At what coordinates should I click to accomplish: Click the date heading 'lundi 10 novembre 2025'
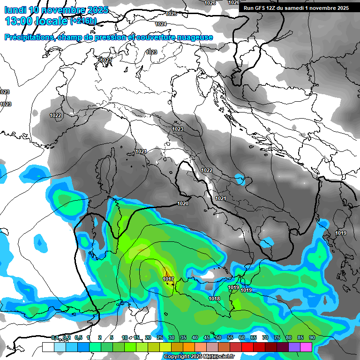pyautogui.click(x=56, y=10)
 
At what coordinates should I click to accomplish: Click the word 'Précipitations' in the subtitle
pyautogui.click(x=29, y=37)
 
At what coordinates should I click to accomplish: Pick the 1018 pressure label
pyautogui.click(x=214, y=299)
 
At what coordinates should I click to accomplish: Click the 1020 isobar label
pyautogui.click(x=183, y=203)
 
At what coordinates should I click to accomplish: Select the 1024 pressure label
pyautogui.click(x=161, y=24)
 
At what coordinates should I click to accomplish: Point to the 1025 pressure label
pyautogui.click(x=171, y=14)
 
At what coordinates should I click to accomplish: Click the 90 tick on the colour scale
pyautogui.click(x=312, y=337)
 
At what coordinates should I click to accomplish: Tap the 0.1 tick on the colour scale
pyautogui.click(x=55, y=337)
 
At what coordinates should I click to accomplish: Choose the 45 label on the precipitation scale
pyautogui.click(x=207, y=337)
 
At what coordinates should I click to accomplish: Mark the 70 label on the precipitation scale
pyautogui.click(x=265, y=337)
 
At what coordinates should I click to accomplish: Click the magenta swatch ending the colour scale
pyautogui.click(x=306, y=347)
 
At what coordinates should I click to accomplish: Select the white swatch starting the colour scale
pyautogui.click(x=48, y=347)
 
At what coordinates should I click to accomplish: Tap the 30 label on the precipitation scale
pyautogui.click(x=172, y=337)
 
